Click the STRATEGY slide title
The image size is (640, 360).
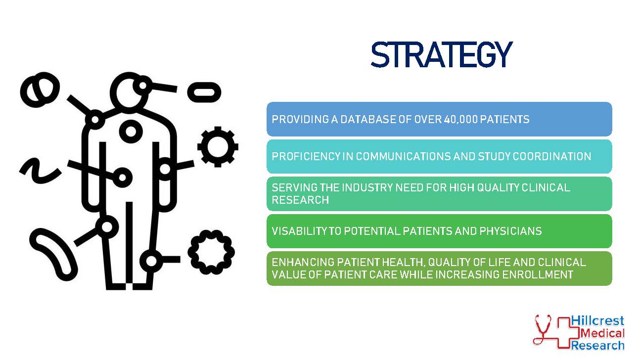click(442, 54)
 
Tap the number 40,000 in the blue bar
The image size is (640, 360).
click(460, 120)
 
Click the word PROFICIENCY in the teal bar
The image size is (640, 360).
click(306, 157)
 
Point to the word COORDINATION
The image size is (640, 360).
click(551, 157)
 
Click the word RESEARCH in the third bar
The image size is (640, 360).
click(300, 200)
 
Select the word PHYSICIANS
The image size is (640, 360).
click(510, 231)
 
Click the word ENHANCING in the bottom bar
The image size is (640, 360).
click(303, 262)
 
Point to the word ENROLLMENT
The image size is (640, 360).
click(538, 274)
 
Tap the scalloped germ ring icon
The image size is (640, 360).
click(211, 252)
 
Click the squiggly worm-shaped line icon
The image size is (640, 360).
click(40, 171)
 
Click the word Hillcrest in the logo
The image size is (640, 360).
click(597, 321)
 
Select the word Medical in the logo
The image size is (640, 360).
click(602, 333)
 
